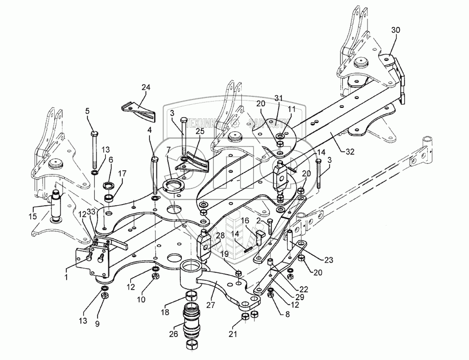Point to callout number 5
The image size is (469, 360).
(87, 110)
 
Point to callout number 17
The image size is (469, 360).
(122, 173)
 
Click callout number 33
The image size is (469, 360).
(90, 212)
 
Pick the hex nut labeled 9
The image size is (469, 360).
(104, 296)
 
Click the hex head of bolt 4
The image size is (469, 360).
(154, 159)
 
